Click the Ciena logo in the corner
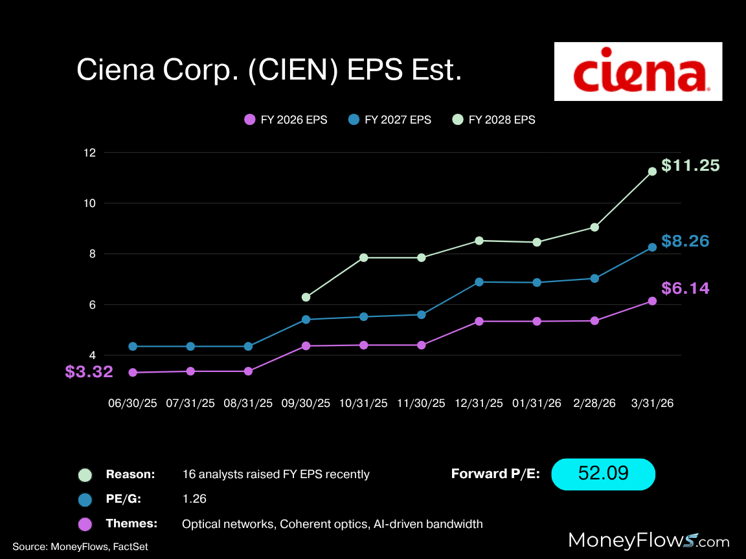638,71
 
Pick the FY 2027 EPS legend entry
389,120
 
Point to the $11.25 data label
690,166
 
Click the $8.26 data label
685,241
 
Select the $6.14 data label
685,288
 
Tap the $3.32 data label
89,372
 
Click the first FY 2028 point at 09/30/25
306,297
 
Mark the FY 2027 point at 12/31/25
479,282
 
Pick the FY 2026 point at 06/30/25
133,373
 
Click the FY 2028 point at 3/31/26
652,171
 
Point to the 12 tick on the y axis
89,153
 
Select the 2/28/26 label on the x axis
594,403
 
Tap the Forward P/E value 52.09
603,474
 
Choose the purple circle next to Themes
85,523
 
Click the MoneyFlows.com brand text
649,540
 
